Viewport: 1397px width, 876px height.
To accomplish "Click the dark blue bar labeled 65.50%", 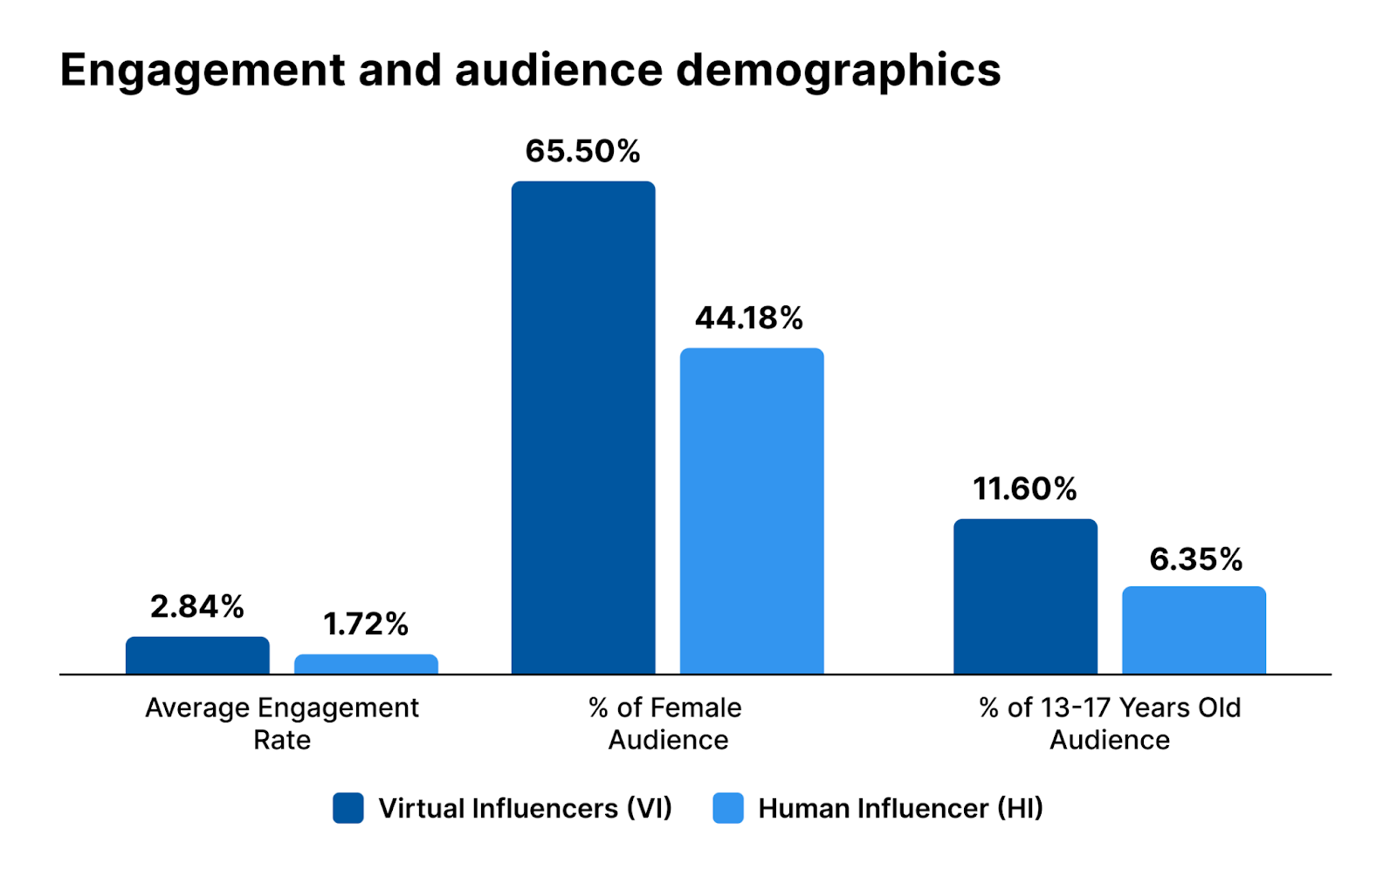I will (x=583, y=428).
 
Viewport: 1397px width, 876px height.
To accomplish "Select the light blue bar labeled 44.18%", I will (x=752, y=511).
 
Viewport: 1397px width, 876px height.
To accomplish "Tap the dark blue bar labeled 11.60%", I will (x=1025, y=597).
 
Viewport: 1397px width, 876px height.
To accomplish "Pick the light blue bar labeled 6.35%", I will (x=1194, y=630).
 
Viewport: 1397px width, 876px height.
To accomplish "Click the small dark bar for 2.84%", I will (x=197, y=655).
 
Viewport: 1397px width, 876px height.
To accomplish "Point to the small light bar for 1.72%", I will (x=366, y=664).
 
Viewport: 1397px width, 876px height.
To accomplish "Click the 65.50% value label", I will (x=582, y=151).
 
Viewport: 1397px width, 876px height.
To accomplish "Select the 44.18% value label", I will (x=749, y=318).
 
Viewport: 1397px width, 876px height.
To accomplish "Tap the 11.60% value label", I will (x=1025, y=489).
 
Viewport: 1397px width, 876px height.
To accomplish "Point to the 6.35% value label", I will (x=1195, y=559).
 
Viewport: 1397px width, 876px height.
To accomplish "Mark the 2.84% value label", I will (x=197, y=606).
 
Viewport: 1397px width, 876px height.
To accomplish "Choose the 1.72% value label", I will (x=366, y=624).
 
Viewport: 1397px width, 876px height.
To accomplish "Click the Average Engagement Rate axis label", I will (x=282, y=723).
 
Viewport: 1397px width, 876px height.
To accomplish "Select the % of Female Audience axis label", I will (x=665, y=723).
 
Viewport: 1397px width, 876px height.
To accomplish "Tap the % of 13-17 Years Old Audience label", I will (x=1110, y=723).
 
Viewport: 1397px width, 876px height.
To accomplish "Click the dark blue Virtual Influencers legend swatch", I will (x=348, y=808).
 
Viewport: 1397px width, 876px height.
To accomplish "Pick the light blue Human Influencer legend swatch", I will (x=728, y=808).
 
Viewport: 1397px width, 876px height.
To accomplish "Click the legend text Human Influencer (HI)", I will (x=900, y=808).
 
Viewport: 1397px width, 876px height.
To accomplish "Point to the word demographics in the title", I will (x=838, y=70).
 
